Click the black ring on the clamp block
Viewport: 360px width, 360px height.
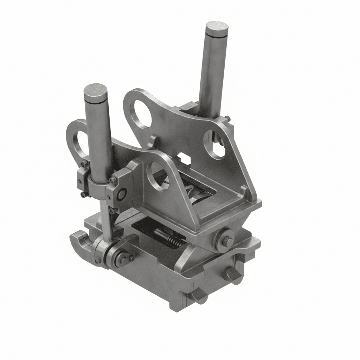pyautogui.click(x=122, y=194)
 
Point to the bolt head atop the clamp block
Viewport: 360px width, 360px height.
pyautogui.click(x=113, y=180)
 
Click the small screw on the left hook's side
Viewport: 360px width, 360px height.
pyautogui.click(x=97, y=261)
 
